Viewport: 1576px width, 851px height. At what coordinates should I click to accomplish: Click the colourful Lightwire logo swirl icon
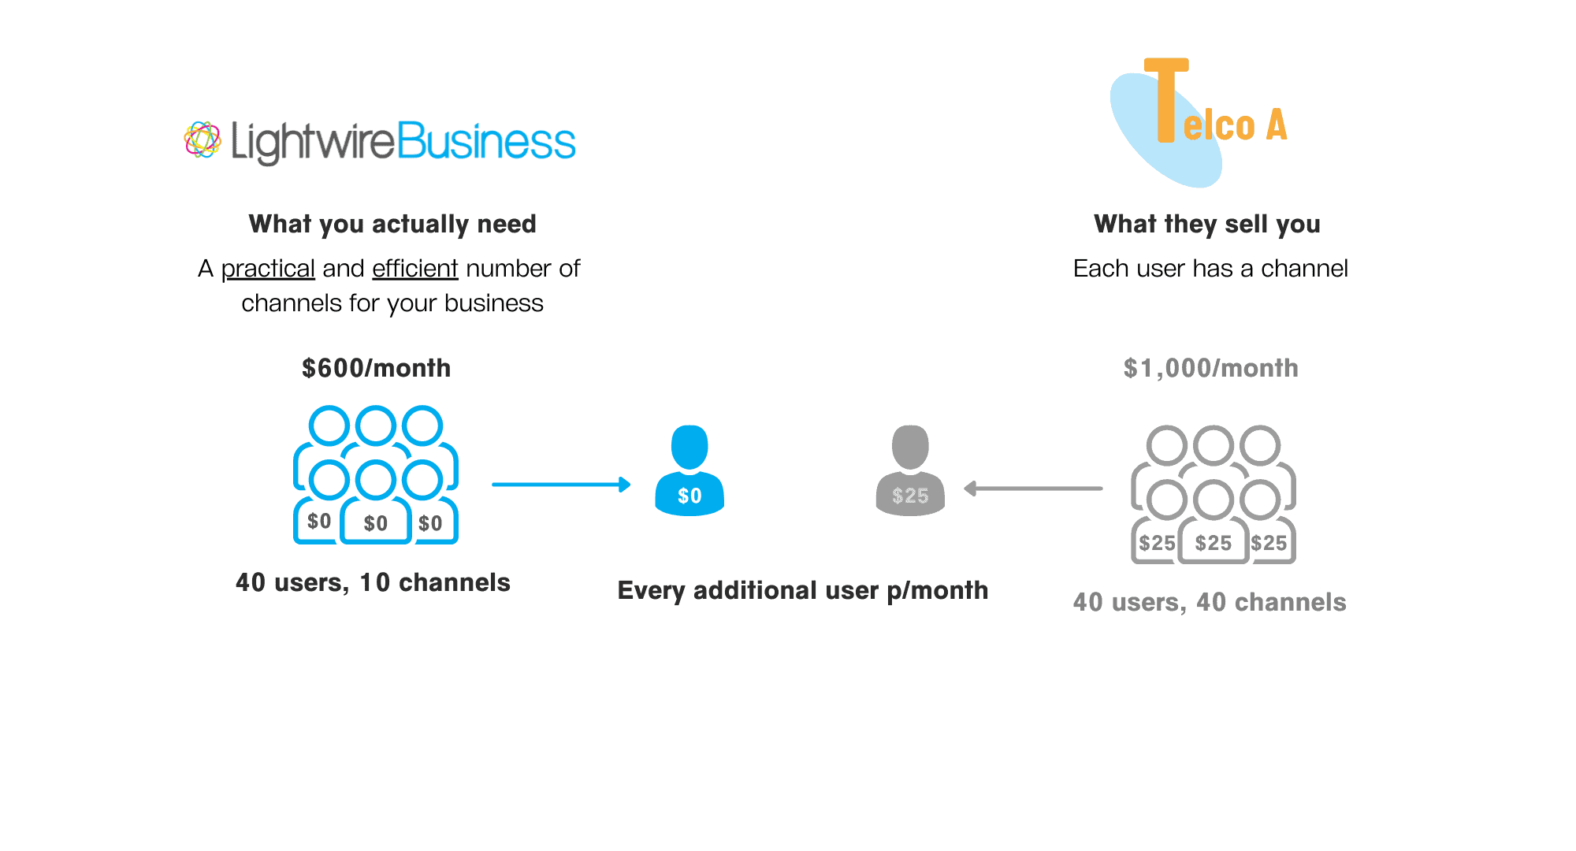(203, 140)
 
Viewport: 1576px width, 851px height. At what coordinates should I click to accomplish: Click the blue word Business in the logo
(486, 141)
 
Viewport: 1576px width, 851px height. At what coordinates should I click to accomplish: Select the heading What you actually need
(392, 224)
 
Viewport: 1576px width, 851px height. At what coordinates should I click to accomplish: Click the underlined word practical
(268, 269)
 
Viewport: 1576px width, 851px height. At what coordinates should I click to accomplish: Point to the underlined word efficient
(415, 269)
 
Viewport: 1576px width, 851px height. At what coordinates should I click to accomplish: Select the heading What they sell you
(1207, 224)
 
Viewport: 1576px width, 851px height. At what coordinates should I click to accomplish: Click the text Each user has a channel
(1210, 269)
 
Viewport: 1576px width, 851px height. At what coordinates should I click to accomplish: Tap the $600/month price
(377, 368)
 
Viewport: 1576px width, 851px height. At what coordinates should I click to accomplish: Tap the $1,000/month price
(1211, 368)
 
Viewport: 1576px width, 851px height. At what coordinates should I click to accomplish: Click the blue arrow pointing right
(561, 485)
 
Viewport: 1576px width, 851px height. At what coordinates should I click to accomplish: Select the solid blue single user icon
(689, 470)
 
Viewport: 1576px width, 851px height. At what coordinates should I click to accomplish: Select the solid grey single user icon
(910, 470)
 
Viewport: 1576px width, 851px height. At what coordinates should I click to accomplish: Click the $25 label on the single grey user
(910, 496)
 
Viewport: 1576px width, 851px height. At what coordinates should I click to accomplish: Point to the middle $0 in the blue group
(376, 523)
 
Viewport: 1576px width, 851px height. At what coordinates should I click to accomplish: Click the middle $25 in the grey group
(1214, 543)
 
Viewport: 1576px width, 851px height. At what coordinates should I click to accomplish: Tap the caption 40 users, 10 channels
(373, 582)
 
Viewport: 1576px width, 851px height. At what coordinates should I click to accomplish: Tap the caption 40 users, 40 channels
(1210, 602)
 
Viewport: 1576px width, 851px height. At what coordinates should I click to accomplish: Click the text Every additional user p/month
(803, 590)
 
